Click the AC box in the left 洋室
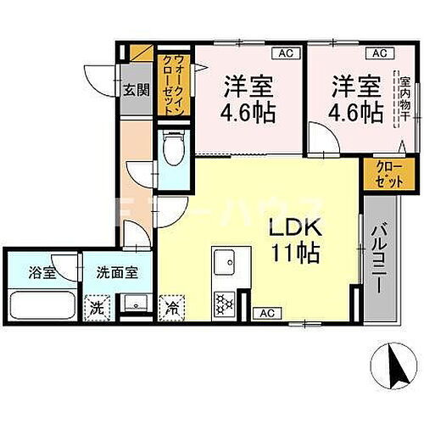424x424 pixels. coord(285,53)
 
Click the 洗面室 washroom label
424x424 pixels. coord(112,274)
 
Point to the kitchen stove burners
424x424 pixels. coord(225,300)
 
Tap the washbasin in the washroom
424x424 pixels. coord(133,304)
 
